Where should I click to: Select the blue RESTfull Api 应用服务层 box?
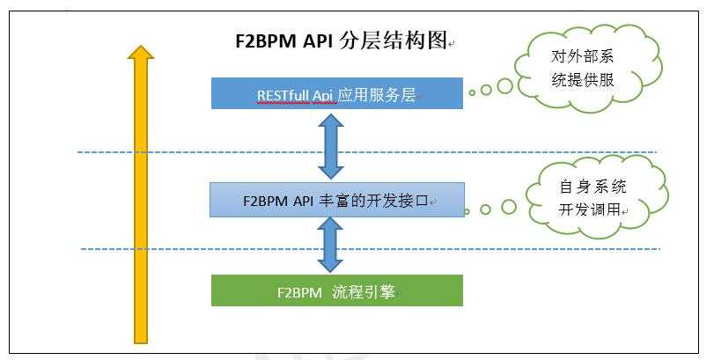336,93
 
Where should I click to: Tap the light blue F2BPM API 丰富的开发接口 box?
336,199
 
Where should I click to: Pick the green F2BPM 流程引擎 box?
336,290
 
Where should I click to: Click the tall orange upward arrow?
139,202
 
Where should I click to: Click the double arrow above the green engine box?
330,245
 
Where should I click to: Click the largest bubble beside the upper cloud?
505,86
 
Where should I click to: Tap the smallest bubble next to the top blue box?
472,92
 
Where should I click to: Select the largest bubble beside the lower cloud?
509,207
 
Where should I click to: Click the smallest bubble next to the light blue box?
467,211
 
